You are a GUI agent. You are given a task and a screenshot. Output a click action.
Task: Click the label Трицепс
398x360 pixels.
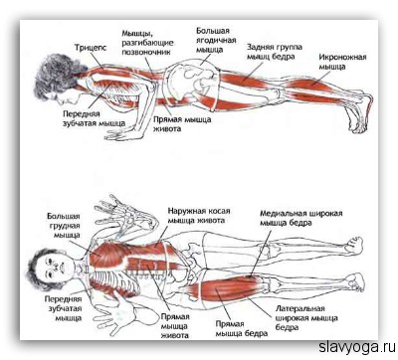(x=91, y=48)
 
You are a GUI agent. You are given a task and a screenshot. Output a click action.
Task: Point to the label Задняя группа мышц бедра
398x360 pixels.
(x=275, y=52)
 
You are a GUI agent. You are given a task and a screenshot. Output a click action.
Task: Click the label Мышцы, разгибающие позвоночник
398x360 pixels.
(x=147, y=43)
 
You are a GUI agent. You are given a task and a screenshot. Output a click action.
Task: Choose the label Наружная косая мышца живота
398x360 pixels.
(x=199, y=216)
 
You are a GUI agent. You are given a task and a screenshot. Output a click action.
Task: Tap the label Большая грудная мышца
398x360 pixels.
(x=64, y=226)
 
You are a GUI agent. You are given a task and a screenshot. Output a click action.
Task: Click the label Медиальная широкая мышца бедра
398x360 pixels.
(x=300, y=218)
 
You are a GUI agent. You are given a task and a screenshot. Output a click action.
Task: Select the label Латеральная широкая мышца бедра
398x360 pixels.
(x=306, y=318)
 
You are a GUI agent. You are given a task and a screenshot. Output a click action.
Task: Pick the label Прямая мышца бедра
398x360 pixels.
(x=242, y=328)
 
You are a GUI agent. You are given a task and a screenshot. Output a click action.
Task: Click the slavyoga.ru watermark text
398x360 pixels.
(x=357, y=348)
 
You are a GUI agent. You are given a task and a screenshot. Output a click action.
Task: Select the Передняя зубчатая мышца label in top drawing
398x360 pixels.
(x=94, y=118)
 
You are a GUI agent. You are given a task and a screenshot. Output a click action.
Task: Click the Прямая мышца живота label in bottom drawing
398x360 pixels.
(x=175, y=326)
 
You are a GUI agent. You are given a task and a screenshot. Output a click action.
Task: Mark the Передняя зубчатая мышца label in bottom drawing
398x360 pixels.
(x=63, y=308)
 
